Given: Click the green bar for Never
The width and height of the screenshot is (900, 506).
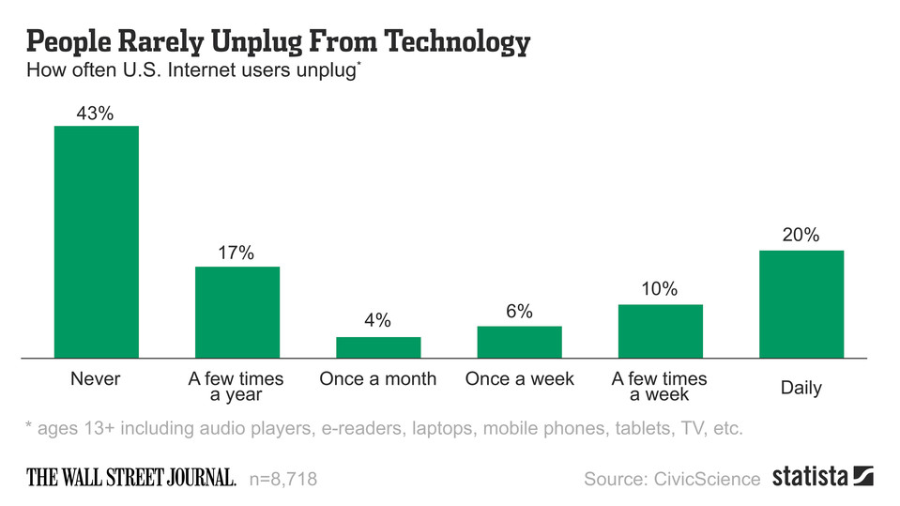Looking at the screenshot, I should pyautogui.click(x=97, y=241).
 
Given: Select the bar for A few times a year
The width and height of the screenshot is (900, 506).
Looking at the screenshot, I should pyautogui.click(x=237, y=312).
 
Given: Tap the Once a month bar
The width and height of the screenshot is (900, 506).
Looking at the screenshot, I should pyautogui.click(x=378, y=347).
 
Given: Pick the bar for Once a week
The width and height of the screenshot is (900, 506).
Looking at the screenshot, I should pyautogui.click(x=519, y=342).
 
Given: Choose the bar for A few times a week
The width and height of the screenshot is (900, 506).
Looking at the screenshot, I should pyautogui.click(x=660, y=330).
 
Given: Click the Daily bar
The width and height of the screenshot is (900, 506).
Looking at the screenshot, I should pyautogui.click(x=801, y=303).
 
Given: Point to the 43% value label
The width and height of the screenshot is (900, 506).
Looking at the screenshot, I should pyautogui.click(x=97, y=114).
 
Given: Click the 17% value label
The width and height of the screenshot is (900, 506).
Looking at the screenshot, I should pyautogui.click(x=237, y=254).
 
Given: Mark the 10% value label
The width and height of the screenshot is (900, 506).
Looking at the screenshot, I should pyautogui.click(x=660, y=290).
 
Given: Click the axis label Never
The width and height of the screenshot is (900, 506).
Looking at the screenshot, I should pyautogui.click(x=96, y=379).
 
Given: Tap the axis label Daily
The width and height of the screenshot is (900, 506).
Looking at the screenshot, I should pyautogui.click(x=801, y=388).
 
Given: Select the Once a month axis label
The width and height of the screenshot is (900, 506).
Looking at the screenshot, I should pyautogui.click(x=378, y=379).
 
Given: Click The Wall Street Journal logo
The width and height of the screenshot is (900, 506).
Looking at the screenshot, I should pyautogui.click(x=130, y=478).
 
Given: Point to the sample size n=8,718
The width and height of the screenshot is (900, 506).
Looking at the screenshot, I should pyautogui.click(x=283, y=480).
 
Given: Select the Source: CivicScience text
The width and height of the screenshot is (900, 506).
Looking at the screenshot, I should pyautogui.click(x=672, y=480).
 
